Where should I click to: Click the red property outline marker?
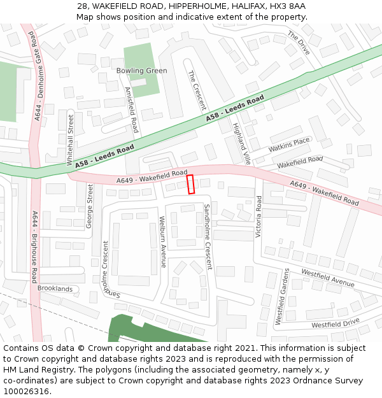click(x=190, y=184)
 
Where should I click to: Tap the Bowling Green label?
click(x=141, y=71)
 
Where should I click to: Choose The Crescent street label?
click(x=197, y=90)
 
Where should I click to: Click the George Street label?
click(x=90, y=206)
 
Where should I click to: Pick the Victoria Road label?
click(x=258, y=217)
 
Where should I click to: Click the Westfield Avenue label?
click(x=328, y=278)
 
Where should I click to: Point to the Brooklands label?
click(x=55, y=288)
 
